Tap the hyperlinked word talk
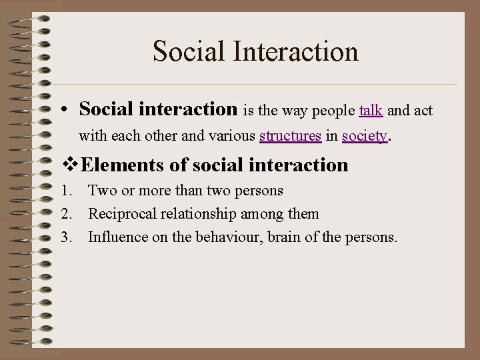tap(371, 109)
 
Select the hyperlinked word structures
tap(290, 137)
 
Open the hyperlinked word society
tap(364, 137)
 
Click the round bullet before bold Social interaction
tap(69, 109)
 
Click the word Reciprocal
tap(119, 214)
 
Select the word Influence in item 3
tap(115, 237)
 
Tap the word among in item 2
tap(260, 214)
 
